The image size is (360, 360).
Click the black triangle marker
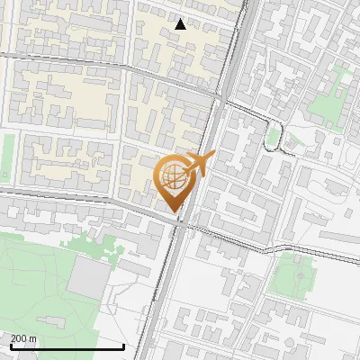[181, 24]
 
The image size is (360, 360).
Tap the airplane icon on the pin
[199, 165]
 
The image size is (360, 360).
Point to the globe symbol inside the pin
[175, 176]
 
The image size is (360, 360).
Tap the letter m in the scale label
[33, 338]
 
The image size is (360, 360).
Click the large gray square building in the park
[87, 278]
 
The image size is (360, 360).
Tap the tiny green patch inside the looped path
[274, 138]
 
